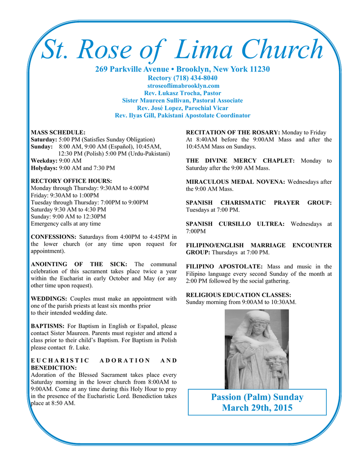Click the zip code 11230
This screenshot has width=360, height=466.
point(259,69)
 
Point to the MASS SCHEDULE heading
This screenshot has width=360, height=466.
point(58,132)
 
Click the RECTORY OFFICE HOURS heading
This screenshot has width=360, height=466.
point(71,181)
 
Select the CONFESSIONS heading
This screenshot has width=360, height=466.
point(53,237)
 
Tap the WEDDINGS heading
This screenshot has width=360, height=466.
point(49,299)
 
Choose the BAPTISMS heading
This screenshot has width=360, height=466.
point(47,326)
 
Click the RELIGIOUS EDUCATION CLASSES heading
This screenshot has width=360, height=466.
point(238,295)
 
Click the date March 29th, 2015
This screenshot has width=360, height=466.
point(257,408)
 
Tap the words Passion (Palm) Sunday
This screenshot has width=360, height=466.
point(257,397)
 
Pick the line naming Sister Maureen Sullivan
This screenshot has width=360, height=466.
point(183,100)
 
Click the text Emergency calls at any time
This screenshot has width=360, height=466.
point(66,223)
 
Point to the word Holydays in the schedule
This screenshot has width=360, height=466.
point(44,168)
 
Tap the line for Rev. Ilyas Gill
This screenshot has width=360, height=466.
point(183,116)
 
